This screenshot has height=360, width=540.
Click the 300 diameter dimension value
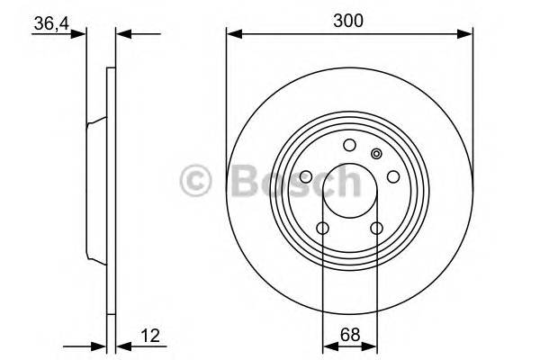(349, 21)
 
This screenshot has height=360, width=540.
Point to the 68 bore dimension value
(349, 336)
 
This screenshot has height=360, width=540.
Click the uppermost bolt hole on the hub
(349, 147)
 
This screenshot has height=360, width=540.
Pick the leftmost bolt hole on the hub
(306, 177)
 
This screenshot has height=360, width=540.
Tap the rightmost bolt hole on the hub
(392, 177)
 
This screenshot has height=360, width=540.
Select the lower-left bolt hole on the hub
(322, 228)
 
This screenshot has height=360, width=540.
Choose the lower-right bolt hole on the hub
(376, 228)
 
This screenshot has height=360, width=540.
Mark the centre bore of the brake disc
(349, 192)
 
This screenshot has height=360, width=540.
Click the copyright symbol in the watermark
(195, 180)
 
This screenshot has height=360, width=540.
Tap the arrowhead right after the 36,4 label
(82, 34)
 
